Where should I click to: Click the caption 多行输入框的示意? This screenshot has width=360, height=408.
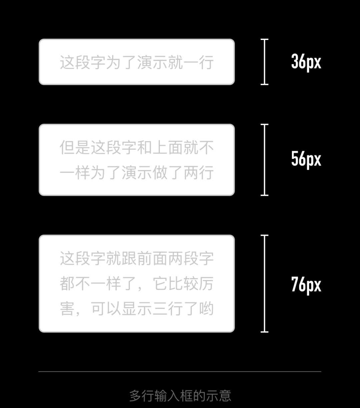coord(180,396)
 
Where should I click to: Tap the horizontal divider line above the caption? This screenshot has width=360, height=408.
coord(180,372)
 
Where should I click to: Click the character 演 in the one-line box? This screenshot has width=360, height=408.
coord(145,62)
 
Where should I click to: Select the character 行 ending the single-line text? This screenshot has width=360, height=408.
coord(206,62)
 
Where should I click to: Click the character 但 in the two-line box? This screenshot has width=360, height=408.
coord(67,148)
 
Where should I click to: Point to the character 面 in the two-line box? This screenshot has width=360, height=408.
coord(176,148)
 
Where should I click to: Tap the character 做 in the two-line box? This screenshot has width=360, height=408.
coord(160,173)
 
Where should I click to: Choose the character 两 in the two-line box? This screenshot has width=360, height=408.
coord(191,173)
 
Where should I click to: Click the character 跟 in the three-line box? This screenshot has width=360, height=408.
coord(129,258)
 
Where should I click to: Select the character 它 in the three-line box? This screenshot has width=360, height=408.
coord(160,283)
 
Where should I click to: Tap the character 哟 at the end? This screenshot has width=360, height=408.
coord(206,309)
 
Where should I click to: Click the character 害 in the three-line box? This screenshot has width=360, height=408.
coord(67,309)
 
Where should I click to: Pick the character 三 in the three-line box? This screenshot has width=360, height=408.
coord(160,309)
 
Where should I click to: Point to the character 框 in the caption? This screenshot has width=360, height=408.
coord(186,396)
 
